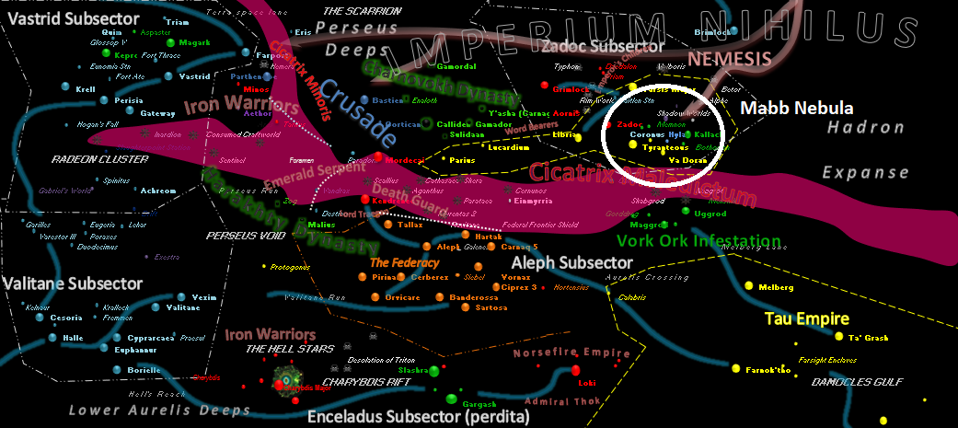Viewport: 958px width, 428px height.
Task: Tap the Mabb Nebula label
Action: (797, 108)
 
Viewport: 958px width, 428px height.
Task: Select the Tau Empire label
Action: (807, 319)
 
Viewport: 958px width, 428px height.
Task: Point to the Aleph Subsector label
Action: (571, 263)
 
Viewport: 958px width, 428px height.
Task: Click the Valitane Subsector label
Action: (72, 283)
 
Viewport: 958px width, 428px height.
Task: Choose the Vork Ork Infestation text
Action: (698, 242)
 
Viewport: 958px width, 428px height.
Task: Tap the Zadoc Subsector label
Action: (603, 46)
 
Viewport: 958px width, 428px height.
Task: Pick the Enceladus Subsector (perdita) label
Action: (418, 418)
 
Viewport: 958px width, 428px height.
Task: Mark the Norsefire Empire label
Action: (571, 353)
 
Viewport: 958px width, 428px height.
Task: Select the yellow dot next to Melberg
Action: (737, 288)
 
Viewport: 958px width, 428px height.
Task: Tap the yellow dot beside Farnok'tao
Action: (734, 369)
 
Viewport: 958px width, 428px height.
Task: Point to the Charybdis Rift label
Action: (358, 375)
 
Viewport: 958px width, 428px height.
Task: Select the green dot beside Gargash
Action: (451, 399)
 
